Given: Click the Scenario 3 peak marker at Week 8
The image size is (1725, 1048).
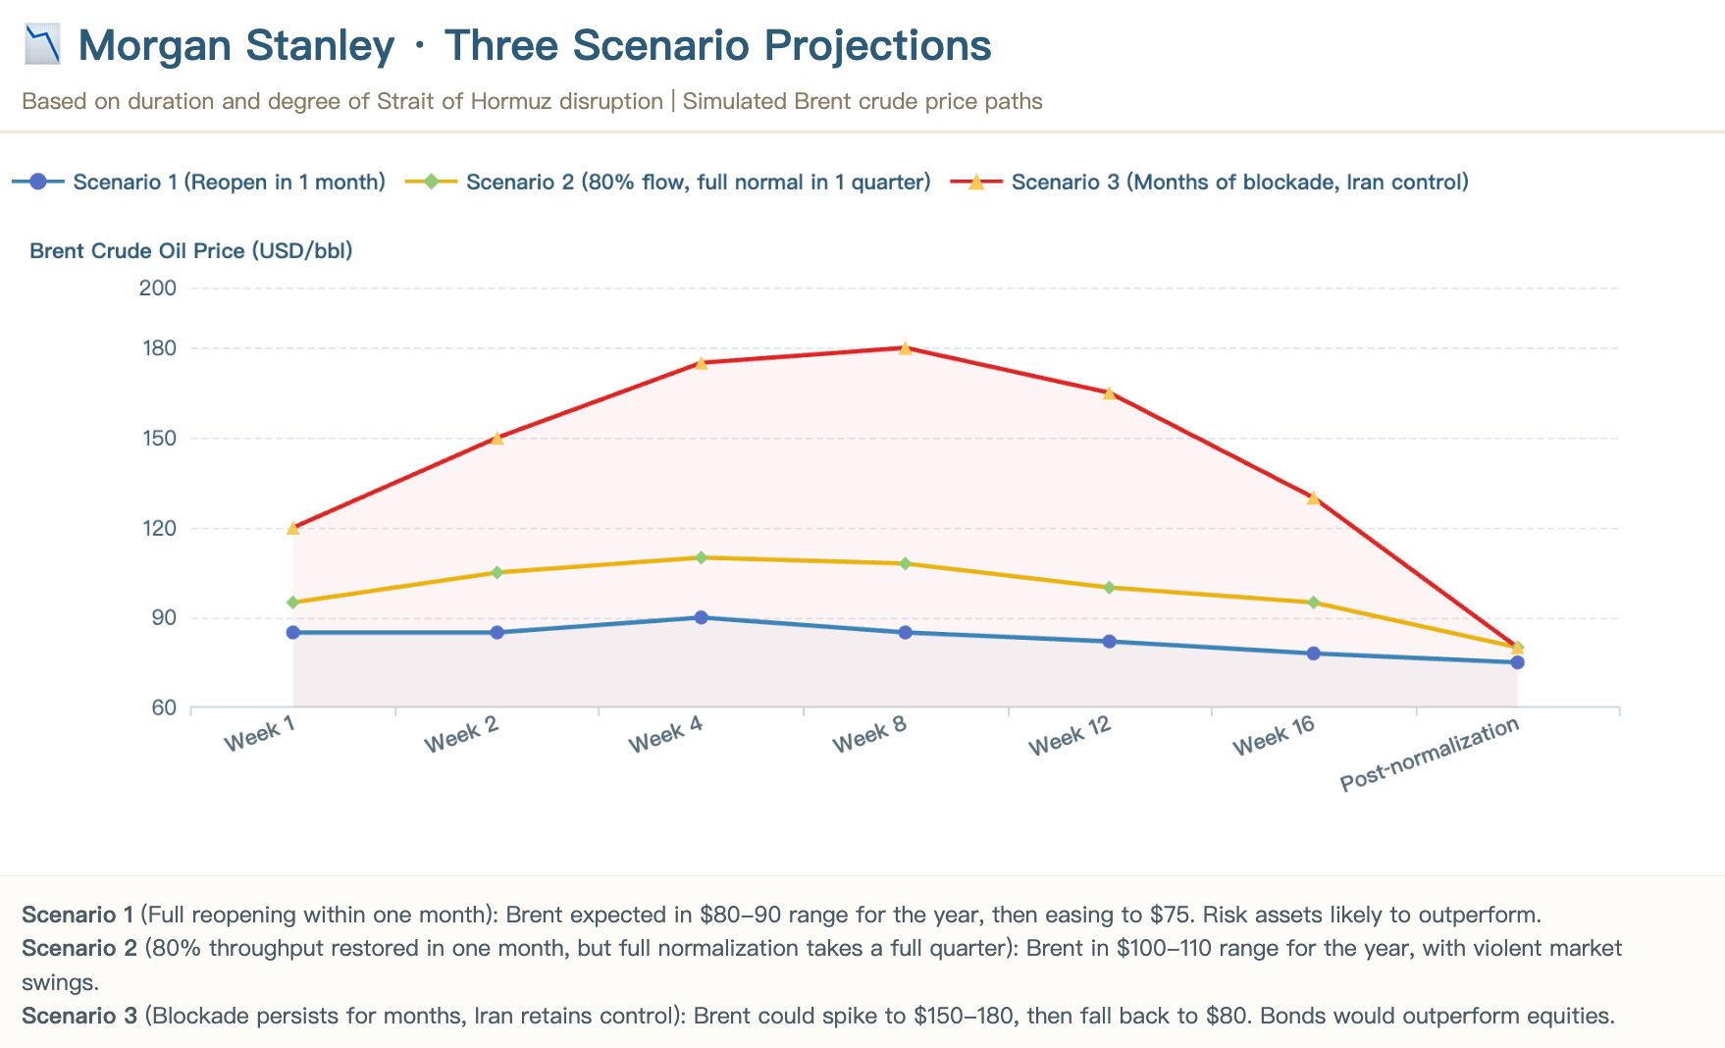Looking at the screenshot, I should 905,348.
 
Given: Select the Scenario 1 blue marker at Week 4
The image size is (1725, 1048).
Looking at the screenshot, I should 701,617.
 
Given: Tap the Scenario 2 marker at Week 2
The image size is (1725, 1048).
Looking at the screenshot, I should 497,572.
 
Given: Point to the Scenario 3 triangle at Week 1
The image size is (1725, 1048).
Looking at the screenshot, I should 292,528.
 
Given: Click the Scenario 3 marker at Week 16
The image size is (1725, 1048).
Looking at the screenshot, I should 1313,498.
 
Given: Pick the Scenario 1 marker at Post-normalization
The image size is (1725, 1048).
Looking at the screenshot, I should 1517,662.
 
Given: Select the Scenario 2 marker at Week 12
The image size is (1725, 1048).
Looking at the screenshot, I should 1109,588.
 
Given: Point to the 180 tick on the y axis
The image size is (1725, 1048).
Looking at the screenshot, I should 160,348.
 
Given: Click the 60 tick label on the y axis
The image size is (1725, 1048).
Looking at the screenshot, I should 164,707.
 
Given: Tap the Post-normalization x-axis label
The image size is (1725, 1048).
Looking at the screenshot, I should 1429,754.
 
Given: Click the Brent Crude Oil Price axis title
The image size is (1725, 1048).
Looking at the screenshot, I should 190,250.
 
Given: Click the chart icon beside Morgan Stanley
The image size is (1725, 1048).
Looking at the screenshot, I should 42,45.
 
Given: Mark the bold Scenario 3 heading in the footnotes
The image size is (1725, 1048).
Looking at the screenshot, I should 79,1016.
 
